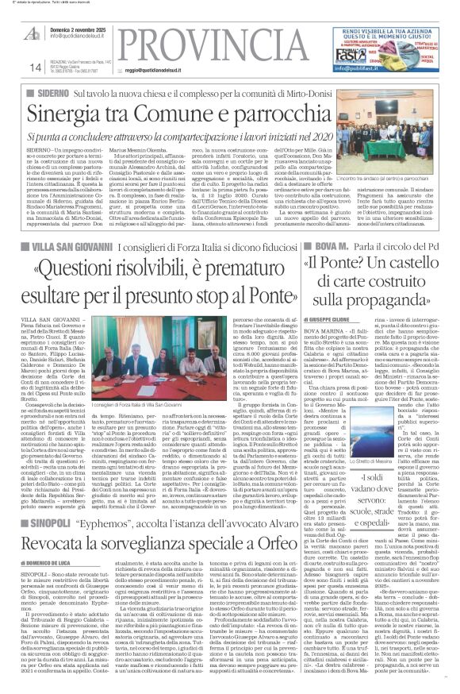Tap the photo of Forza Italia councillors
click(x=137, y=357)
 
